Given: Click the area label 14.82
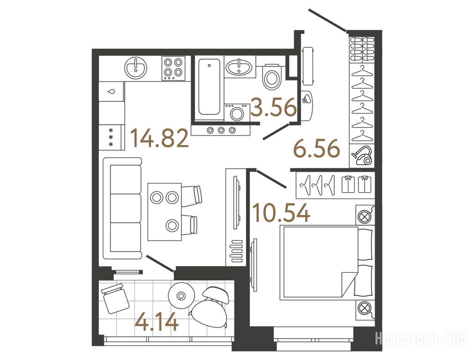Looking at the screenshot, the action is tap(159, 138).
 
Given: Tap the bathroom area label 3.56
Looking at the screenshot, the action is tap(274, 107).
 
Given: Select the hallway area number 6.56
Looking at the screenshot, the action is tap(317, 149).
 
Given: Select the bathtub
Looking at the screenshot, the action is tap(209, 87).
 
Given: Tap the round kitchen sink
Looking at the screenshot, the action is tap(136, 67).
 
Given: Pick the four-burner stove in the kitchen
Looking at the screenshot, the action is tap(173, 68).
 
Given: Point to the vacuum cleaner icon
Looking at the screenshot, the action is tap(362, 155).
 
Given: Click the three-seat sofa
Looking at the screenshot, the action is tap(122, 208).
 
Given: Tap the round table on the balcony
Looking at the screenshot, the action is tap(181, 296).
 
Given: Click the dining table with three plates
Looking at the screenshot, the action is tap(165, 211).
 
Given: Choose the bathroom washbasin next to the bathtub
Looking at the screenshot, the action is tap(239, 67).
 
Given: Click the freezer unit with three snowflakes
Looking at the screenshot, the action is tap(111, 137).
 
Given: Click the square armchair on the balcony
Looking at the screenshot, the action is tap(114, 298).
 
